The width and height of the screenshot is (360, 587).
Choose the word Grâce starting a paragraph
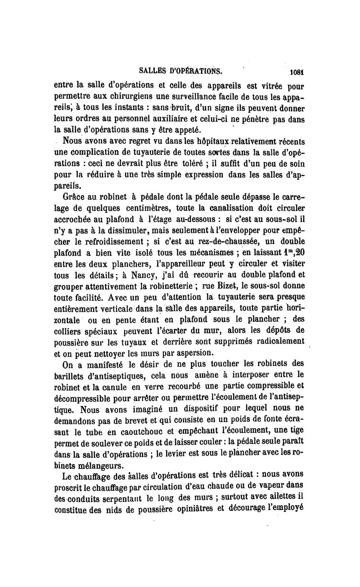[77, 197]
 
